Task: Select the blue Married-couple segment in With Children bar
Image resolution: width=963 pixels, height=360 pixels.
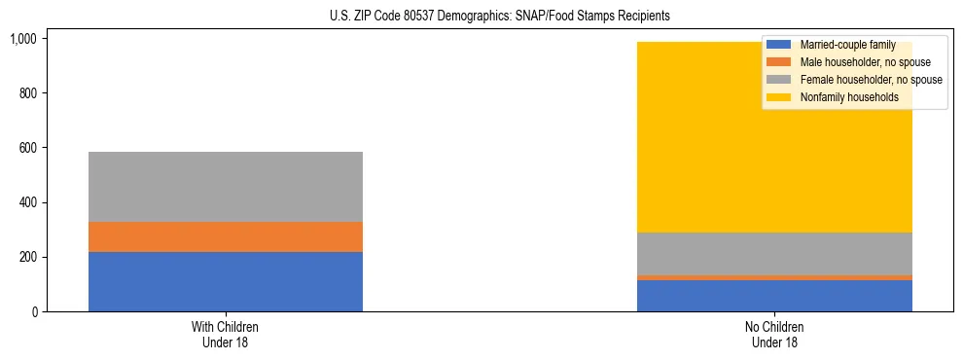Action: coord(226,281)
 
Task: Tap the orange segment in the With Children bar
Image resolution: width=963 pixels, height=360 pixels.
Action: coord(226,236)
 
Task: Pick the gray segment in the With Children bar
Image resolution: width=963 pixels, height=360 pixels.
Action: coord(226,187)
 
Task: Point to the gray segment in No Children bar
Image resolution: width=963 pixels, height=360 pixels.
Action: coord(774,254)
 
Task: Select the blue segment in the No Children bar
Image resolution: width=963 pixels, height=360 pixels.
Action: coord(774,296)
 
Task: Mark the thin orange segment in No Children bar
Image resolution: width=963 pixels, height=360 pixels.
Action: coord(774,277)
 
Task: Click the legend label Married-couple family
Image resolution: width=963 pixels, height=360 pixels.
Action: coord(847,46)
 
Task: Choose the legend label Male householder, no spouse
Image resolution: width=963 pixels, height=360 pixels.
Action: coord(865,63)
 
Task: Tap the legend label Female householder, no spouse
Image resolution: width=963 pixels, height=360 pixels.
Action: coord(871,80)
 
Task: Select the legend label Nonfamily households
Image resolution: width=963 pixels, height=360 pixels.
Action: coord(848,97)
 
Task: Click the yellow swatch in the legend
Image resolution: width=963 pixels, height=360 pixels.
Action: coord(779,97)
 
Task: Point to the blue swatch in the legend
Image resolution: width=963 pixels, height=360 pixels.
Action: coord(779,46)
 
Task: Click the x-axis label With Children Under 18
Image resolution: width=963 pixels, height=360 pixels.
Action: coord(226,335)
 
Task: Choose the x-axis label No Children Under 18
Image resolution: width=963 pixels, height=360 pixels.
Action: coord(774,335)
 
